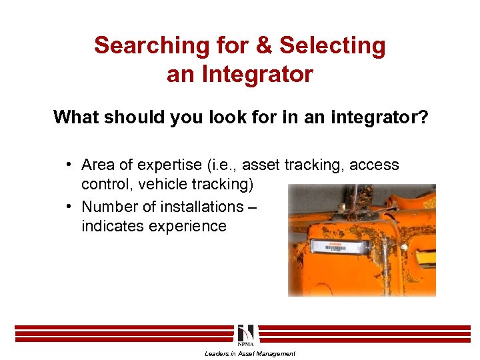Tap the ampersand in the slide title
tap(265, 46)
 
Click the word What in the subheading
tap(75, 117)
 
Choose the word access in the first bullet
tap(374, 165)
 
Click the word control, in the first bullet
tap(105, 183)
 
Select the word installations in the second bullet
tap(194, 207)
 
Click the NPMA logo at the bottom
tap(245, 335)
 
